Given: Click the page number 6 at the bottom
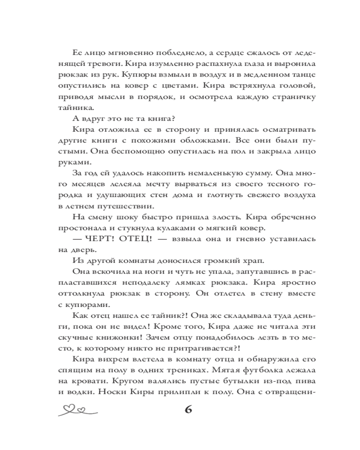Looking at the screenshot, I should point(188,410).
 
